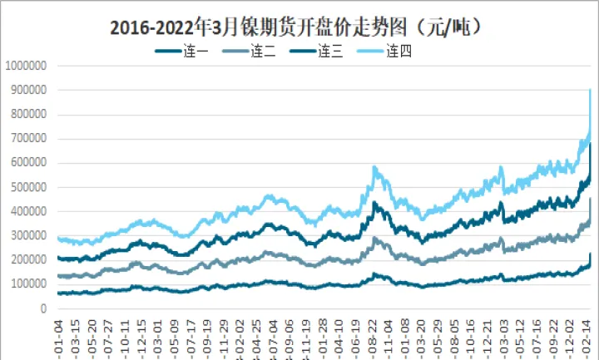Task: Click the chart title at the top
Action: click(x=298, y=27)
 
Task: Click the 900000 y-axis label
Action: click(x=27, y=90)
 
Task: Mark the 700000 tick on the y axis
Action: click(x=27, y=138)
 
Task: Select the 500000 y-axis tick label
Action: click(x=27, y=187)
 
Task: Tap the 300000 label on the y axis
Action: click(x=27, y=235)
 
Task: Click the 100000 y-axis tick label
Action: click(x=27, y=284)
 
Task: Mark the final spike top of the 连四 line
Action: click(x=590, y=90)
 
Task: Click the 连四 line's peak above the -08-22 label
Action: click(x=375, y=168)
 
